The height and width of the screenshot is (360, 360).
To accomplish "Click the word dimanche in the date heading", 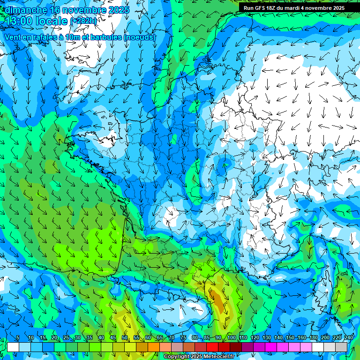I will (x=23, y=10).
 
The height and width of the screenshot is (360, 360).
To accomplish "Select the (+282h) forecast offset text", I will (x=83, y=21).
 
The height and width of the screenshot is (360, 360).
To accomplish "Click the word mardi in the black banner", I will (x=299, y=8).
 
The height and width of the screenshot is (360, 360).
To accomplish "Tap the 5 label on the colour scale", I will (x=18, y=338).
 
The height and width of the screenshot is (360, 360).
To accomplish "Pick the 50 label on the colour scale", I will (x=125, y=338).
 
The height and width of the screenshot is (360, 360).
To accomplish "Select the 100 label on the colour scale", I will (x=231, y=338).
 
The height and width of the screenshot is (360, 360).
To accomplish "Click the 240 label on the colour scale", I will (x=348, y=338).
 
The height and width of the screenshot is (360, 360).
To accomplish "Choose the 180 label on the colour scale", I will (x=313, y=338).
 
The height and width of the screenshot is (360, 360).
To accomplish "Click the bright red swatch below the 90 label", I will (x=212, y=347).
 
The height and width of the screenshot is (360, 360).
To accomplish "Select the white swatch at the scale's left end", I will (x=13, y=347).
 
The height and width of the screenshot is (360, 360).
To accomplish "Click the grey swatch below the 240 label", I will (x=341, y=347).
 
